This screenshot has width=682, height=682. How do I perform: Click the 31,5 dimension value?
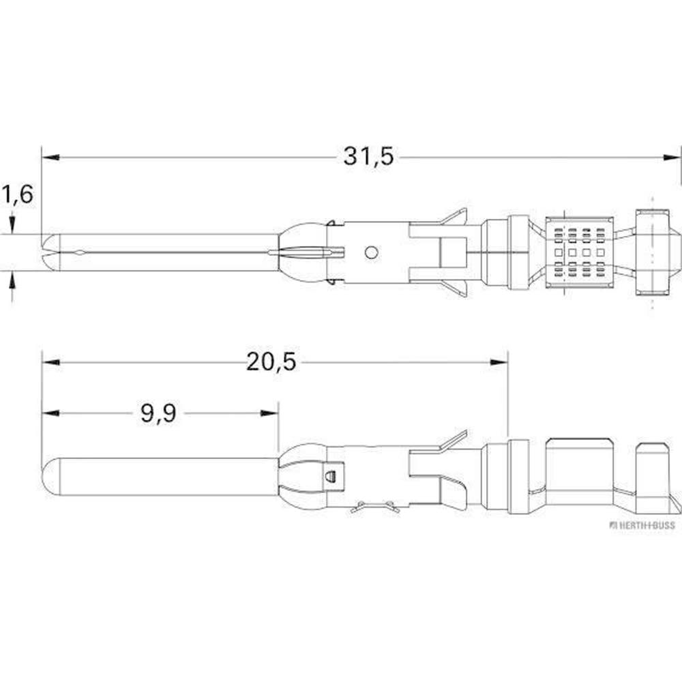368,157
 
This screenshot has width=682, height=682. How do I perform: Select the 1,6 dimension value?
18,194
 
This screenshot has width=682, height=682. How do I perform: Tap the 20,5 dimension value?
271,362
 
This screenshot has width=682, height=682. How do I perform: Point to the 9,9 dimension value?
158,413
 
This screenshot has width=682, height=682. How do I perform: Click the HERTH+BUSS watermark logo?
642,525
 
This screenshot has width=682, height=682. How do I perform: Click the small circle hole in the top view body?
371,252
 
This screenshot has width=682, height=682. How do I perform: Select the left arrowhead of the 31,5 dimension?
50,157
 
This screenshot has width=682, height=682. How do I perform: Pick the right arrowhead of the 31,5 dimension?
670,157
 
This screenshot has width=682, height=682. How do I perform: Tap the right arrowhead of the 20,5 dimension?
499,362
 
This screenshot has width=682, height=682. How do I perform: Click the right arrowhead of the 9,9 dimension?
269,413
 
